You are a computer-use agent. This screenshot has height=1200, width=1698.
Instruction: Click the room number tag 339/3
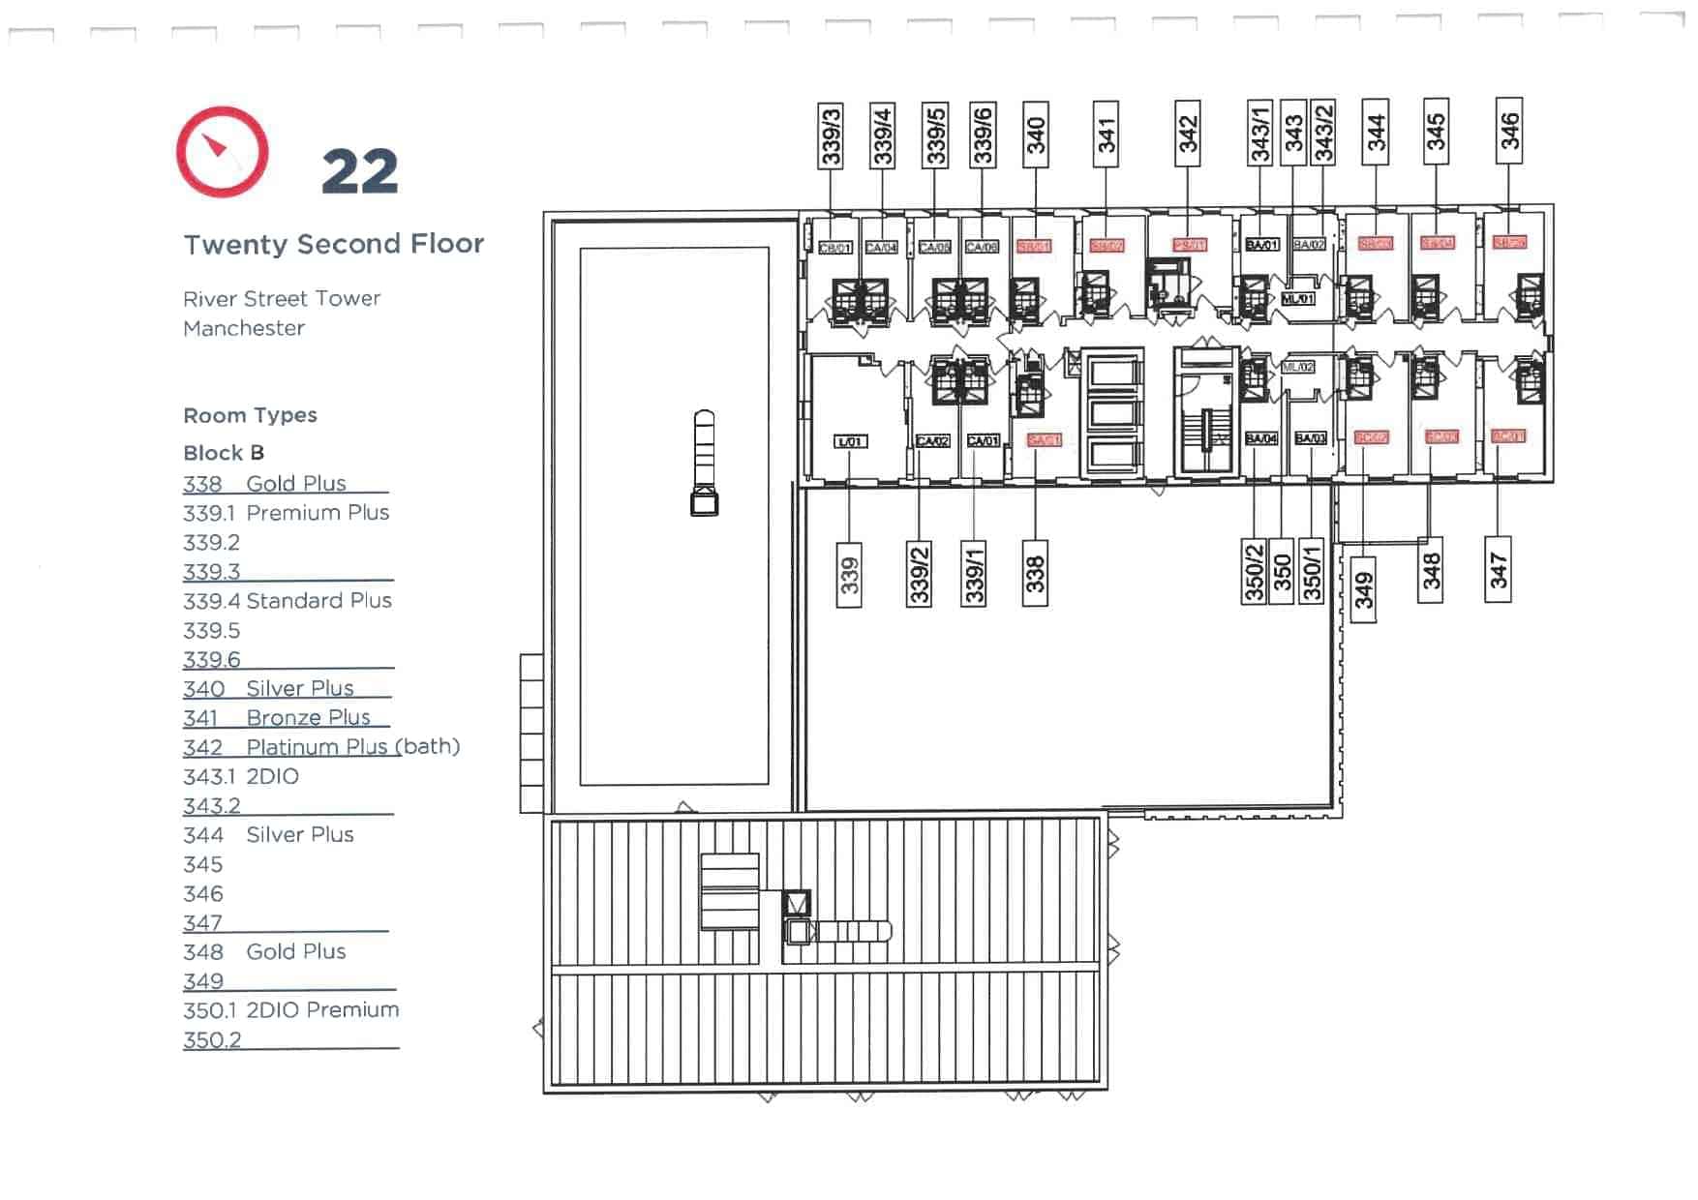[x=831, y=136]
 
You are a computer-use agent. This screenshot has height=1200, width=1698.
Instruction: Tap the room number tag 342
[x=1188, y=135]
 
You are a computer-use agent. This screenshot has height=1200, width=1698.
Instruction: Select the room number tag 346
[x=1509, y=131]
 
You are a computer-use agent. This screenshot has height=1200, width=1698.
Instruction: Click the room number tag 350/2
[x=1254, y=572]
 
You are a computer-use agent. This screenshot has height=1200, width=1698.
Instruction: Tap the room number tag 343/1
[x=1259, y=133]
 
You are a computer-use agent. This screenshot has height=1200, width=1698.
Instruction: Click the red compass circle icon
[x=222, y=152]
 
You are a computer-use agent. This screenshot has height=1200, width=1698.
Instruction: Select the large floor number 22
[x=359, y=172]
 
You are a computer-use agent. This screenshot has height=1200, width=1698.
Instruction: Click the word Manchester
[x=244, y=328]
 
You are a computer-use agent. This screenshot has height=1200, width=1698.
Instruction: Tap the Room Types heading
[x=250, y=415]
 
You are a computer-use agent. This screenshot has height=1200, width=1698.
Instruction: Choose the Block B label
[x=224, y=453]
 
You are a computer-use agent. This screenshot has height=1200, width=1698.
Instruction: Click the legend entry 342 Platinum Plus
[x=320, y=747]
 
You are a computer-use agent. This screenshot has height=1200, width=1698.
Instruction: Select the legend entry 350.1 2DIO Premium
[x=290, y=1010]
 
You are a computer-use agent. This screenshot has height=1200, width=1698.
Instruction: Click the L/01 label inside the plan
[x=850, y=441]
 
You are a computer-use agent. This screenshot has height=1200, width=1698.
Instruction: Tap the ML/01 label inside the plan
[x=1298, y=299]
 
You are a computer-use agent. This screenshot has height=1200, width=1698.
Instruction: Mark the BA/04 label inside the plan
[x=1261, y=438]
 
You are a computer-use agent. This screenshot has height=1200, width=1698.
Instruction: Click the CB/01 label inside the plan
[x=834, y=248]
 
